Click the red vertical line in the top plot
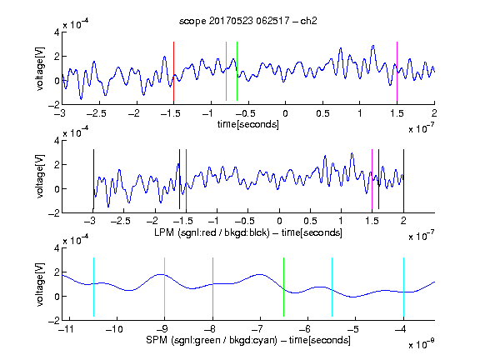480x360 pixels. (173, 72)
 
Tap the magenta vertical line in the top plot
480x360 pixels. (397, 72)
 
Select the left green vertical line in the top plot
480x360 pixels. (226, 71)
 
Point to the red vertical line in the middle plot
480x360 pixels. (186, 179)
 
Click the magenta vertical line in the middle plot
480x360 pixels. (372, 179)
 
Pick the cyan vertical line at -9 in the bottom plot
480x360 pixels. (165, 287)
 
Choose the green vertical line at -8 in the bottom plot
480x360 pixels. (212, 287)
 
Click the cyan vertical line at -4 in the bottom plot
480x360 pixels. (404, 287)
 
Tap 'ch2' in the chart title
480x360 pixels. (308, 21)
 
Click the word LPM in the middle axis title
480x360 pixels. (164, 232)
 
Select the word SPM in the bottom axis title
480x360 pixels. (157, 340)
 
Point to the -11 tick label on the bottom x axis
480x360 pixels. (66, 329)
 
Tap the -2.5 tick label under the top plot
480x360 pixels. (96, 113)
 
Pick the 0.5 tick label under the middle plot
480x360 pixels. (310, 221)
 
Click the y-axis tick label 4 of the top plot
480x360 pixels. (57, 32)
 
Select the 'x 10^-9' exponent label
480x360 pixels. (421, 345)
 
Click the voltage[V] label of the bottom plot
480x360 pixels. (40, 284)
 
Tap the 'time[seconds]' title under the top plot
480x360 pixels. (248, 124)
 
